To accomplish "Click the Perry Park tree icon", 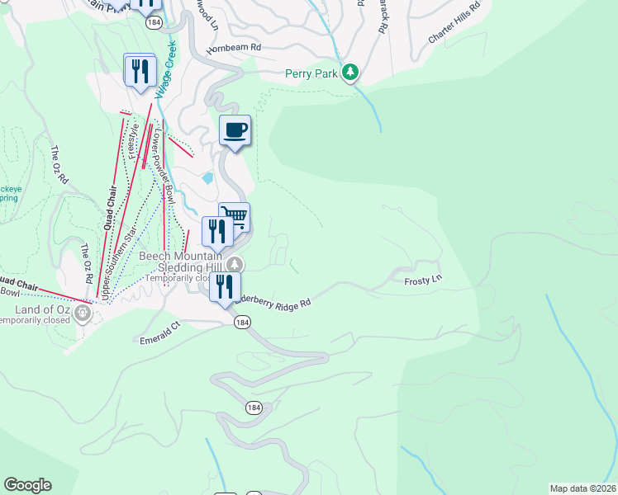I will click(x=351, y=73).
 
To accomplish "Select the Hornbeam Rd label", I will click(x=234, y=48).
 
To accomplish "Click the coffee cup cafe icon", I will click(x=235, y=130).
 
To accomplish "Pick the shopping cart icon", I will click(x=235, y=216).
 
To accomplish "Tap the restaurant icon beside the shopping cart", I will click(x=216, y=230).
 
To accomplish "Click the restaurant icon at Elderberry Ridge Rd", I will click(x=224, y=286).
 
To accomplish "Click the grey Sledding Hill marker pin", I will click(x=236, y=265).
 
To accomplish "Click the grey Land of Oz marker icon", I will click(x=82, y=312).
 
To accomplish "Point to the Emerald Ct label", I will click(x=159, y=332).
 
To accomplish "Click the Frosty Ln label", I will click(x=423, y=281).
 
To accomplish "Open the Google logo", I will click(x=27, y=485).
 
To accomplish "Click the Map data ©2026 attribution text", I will click(x=583, y=488).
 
